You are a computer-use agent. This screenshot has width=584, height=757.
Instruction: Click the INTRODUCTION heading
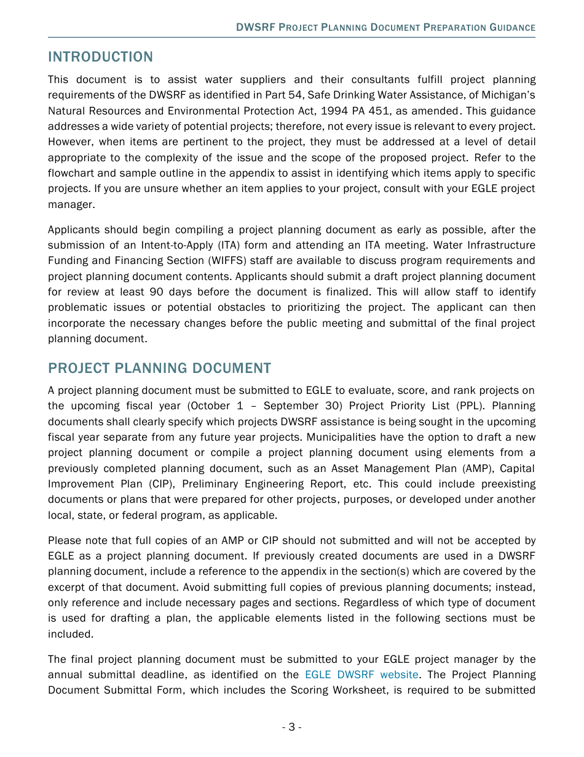pos(100,57)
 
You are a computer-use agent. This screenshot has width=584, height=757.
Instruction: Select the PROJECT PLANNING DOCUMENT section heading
pos(159,369)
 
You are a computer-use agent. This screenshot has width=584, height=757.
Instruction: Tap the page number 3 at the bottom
pos(291,727)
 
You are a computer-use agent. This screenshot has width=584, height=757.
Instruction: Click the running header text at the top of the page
pos(385,28)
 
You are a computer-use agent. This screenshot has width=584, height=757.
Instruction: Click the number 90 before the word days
pos(156,292)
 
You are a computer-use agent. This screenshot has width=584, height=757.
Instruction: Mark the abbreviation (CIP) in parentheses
pos(159,484)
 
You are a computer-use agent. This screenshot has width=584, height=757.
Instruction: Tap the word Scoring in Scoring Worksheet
pos(309,690)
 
